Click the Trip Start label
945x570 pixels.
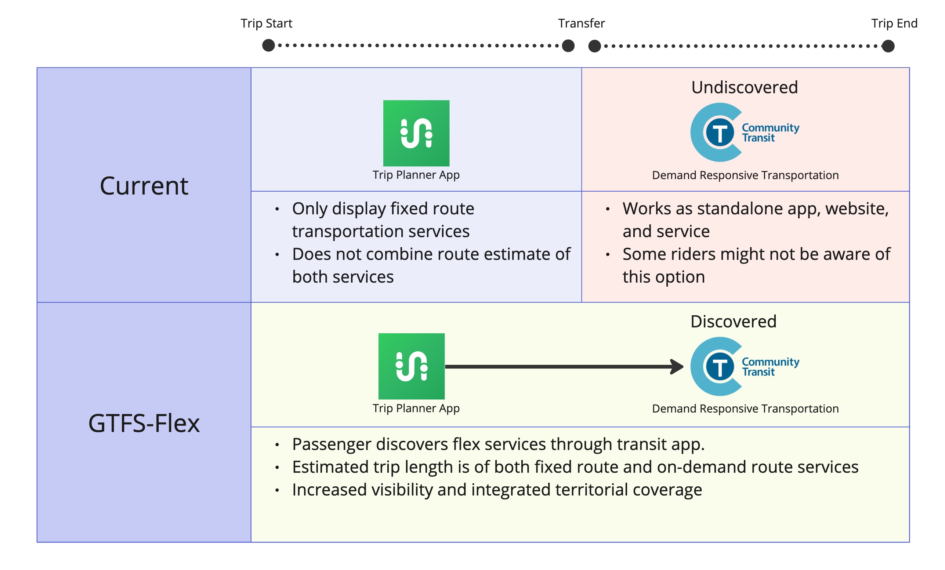point(266,23)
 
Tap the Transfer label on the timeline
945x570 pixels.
point(581,23)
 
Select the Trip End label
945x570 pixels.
point(894,23)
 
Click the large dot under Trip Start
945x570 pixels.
point(268,45)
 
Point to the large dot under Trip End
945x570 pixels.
point(888,46)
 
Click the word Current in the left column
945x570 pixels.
point(144,186)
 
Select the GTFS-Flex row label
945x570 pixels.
point(144,423)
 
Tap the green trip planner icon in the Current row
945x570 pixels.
point(416,133)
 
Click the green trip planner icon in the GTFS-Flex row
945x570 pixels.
point(411,366)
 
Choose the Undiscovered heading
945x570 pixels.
point(745,87)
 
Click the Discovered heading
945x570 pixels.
point(733,321)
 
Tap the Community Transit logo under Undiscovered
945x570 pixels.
point(744,132)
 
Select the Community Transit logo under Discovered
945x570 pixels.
point(744,366)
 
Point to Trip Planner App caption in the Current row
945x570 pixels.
point(416,175)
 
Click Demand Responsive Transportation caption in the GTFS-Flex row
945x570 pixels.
point(745,409)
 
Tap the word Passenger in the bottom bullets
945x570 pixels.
point(332,444)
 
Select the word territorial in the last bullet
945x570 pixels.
point(591,490)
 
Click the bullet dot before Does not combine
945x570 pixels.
point(277,254)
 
